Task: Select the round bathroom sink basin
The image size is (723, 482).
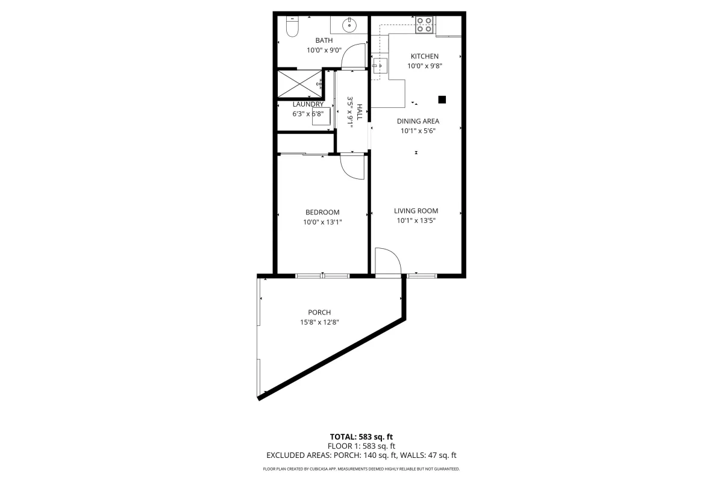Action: pos(349,25)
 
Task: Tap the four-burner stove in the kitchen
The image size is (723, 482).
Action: pos(424,25)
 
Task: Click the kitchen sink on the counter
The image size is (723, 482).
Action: pos(380,66)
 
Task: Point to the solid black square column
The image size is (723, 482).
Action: pos(442,99)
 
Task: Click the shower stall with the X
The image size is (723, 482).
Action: pos(300,84)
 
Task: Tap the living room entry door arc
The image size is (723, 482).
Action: pos(392,255)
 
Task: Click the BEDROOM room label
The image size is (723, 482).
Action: pos(322,212)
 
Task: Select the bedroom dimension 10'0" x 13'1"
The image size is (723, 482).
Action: pos(322,222)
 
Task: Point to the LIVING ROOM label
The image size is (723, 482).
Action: pos(416,211)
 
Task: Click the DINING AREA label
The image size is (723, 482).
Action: pos(418,121)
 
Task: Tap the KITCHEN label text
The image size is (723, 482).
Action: pos(424,56)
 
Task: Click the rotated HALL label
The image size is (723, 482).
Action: pos(360,112)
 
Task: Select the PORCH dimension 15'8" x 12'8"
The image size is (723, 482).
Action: pos(319,322)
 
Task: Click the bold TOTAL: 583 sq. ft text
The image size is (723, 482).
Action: pos(361,437)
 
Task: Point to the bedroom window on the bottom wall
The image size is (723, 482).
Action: pos(323,276)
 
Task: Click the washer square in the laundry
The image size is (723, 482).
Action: pos(321,116)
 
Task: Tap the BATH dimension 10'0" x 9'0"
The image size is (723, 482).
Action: pos(324,51)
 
